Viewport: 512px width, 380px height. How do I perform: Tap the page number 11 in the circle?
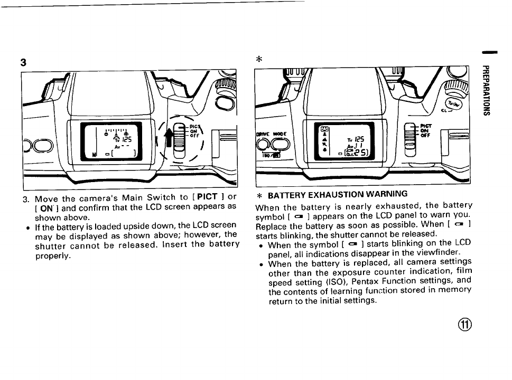(x=467, y=324)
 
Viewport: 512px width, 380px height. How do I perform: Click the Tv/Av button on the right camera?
(x=453, y=105)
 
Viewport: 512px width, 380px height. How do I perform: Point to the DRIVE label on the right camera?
(x=263, y=134)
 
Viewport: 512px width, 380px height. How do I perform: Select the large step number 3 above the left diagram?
(x=23, y=62)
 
